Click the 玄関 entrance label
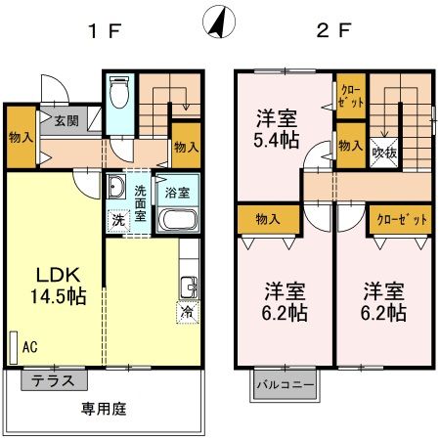tap(66, 121)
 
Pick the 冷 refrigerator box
tap(186, 313)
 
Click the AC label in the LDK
tap(29, 346)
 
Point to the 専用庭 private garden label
tap(105, 408)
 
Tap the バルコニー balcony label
tap(286, 384)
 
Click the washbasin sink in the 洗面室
tap(115, 188)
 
